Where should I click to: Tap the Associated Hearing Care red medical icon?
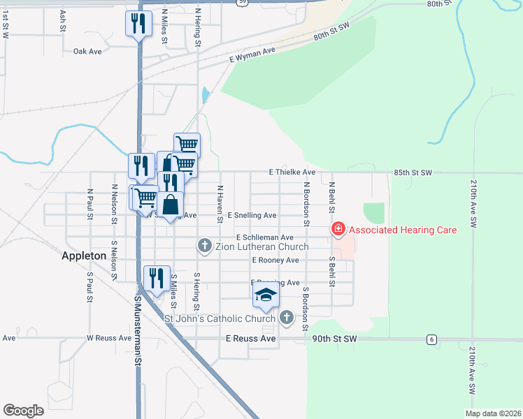[x=338, y=229]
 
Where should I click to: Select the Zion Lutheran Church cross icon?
[x=205, y=245]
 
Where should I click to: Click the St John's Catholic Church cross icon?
[x=286, y=318]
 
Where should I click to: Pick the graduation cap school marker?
[x=266, y=296]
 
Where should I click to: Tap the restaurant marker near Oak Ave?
[x=138, y=25]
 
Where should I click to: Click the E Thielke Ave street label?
[x=292, y=172]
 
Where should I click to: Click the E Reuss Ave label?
[x=251, y=339]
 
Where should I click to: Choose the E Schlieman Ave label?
[x=269, y=237]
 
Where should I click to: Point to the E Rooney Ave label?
[x=275, y=260]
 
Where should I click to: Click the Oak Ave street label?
[x=88, y=51]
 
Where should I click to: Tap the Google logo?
[x=24, y=411]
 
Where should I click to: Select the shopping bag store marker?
[x=170, y=205]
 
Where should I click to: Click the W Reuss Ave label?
[x=109, y=338]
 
